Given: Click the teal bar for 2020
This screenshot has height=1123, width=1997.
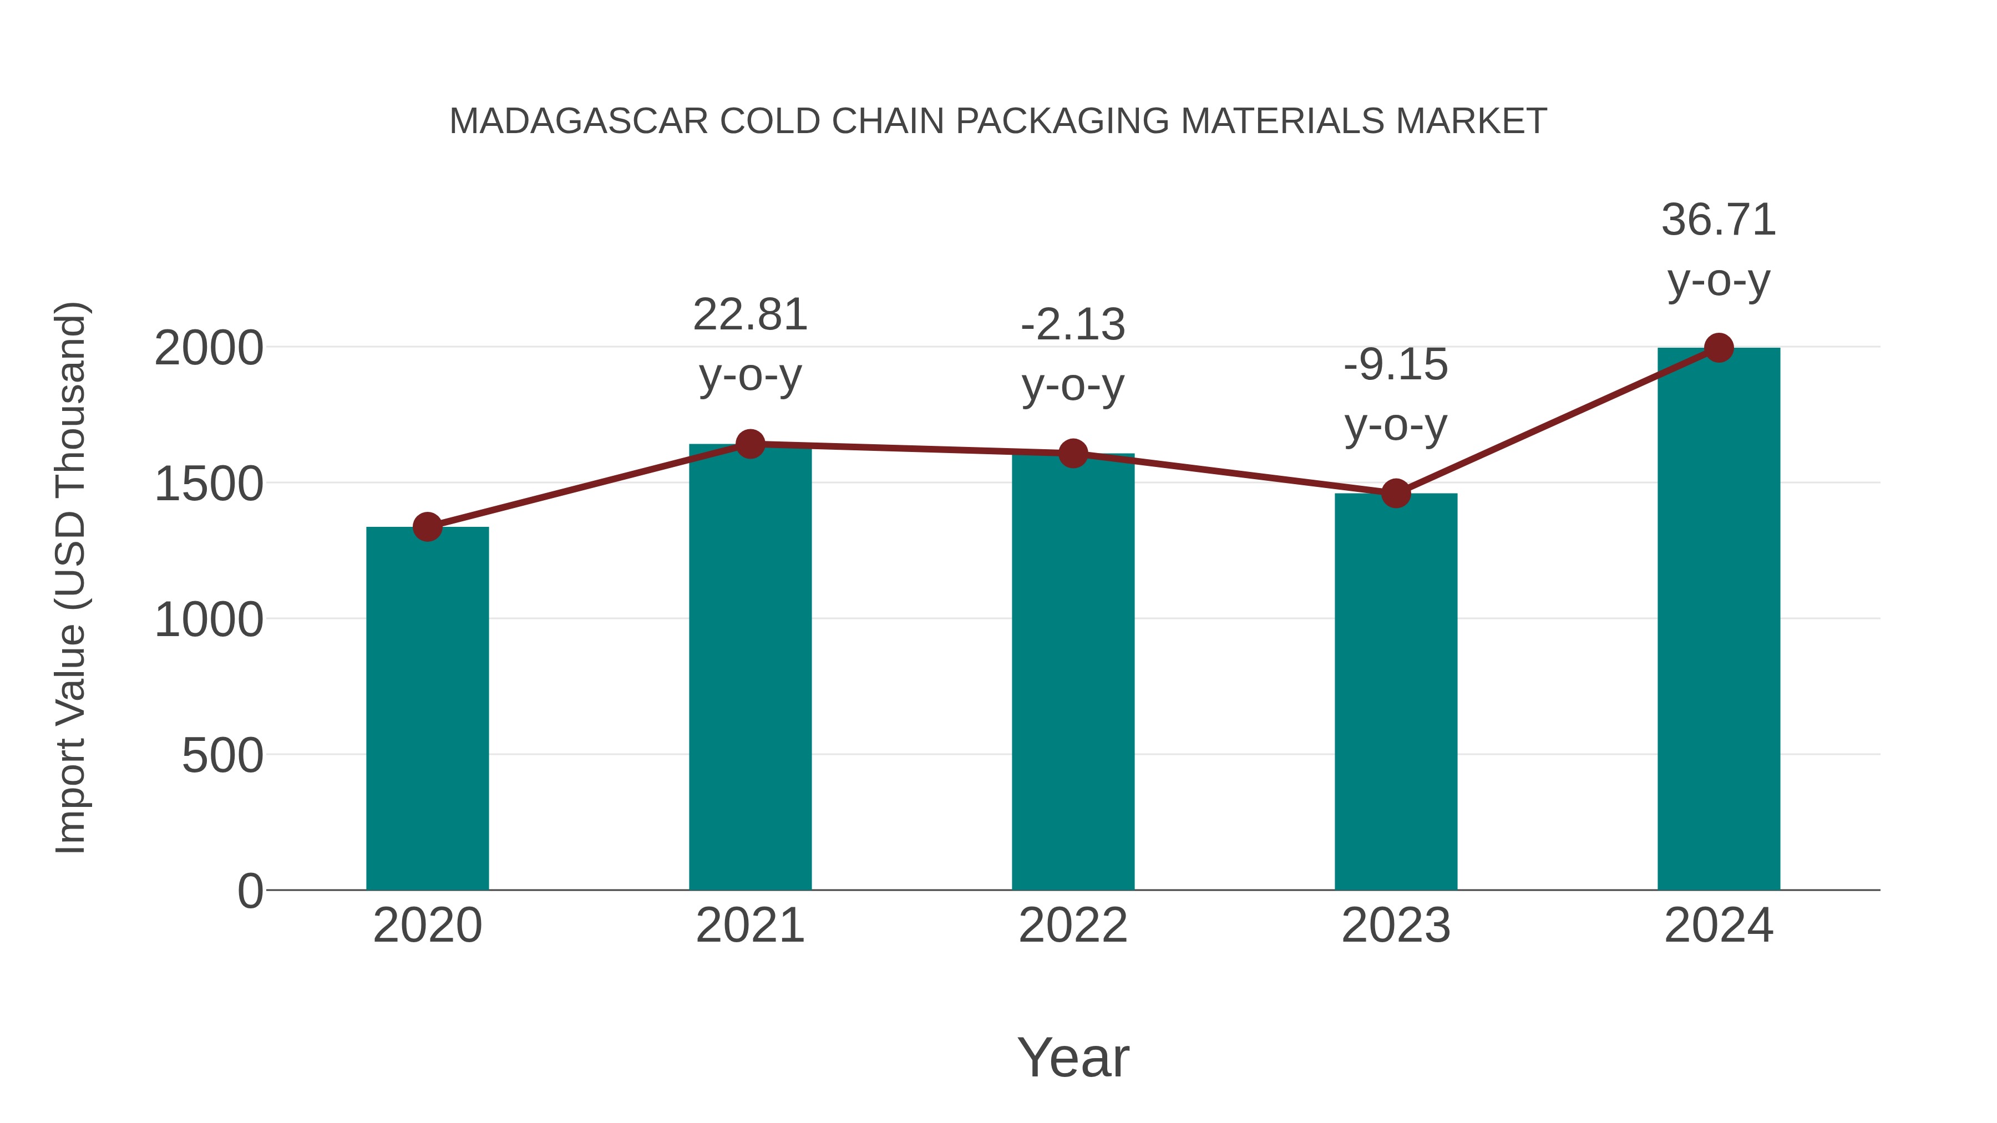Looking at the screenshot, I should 427,709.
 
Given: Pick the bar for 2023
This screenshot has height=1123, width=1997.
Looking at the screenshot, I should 1396,692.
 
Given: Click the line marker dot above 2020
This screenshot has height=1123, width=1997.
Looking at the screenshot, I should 427,527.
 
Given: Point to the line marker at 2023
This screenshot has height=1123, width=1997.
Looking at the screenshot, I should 1396,493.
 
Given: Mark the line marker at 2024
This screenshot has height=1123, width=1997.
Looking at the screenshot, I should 1719,348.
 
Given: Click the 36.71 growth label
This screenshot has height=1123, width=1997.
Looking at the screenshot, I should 1719,220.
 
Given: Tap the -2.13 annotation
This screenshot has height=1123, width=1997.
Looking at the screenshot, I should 1073,325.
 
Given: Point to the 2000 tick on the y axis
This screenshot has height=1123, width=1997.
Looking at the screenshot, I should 209,349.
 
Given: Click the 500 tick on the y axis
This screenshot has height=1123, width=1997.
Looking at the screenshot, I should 222,756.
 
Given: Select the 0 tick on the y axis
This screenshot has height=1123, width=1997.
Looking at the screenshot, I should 250,891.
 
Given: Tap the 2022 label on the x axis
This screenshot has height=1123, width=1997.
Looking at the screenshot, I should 1073,926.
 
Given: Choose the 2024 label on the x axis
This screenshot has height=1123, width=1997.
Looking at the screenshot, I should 1719,926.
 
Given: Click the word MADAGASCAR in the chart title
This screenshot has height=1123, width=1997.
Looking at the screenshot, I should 579,121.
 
